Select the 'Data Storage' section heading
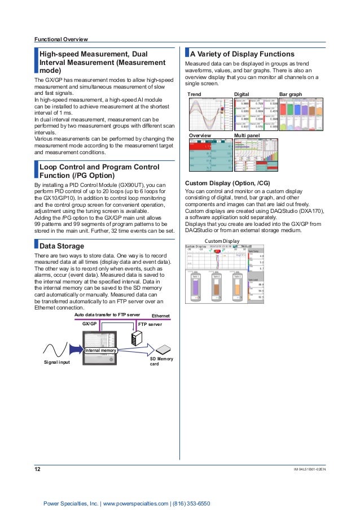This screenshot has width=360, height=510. click(62, 246)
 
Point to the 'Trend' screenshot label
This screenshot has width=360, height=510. click(194, 94)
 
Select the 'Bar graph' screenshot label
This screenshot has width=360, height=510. click(291, 94)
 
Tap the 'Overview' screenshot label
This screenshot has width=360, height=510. click(199, 136)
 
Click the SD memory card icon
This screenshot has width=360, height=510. click(163, 349)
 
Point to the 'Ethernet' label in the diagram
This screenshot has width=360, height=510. click(164, 315)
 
